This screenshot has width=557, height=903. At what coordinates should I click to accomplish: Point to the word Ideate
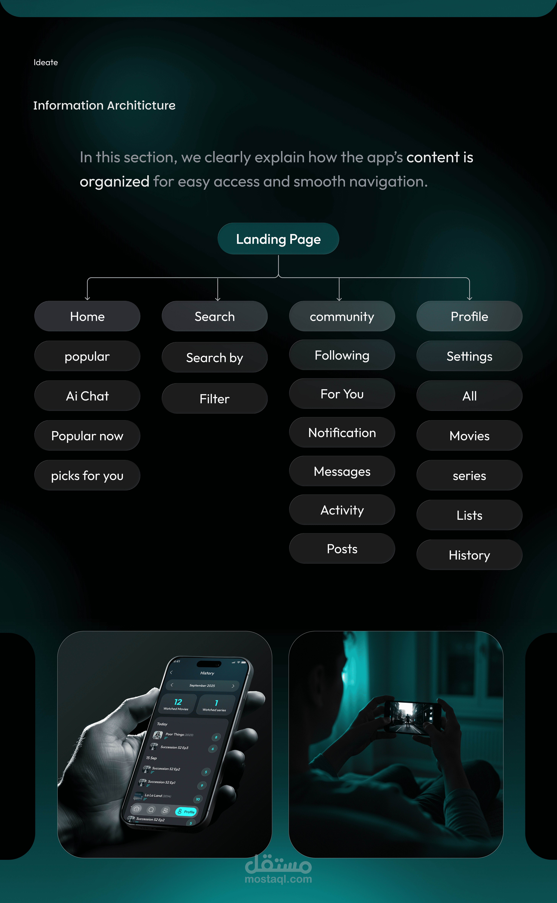tap(46, 62)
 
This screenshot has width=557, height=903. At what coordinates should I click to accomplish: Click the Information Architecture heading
tap(104, 105)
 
